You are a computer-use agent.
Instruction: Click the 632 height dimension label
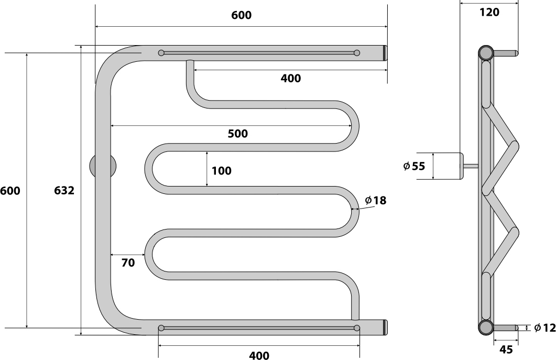pos(64,191)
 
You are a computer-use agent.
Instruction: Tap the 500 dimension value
pos(237,134)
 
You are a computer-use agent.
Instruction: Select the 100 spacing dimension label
pos(222,171)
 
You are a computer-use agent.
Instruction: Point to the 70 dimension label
pos(128,263)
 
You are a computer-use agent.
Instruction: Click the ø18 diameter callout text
pos(376,201)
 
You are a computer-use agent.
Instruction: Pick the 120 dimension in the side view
pos(489,13)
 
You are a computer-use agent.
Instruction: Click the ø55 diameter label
pos(414,166)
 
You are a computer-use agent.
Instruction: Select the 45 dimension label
pos(506,350)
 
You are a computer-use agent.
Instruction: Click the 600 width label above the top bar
pos(242,15)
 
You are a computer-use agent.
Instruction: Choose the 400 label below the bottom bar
pos(259,355)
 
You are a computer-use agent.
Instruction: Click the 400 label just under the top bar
pos(291,79)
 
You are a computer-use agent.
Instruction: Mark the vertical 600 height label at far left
pos(10,191)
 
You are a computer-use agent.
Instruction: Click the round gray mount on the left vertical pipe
pos(103,166)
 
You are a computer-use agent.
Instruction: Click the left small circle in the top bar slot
pos(161,53)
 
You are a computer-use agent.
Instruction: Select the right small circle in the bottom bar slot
pos(357,328)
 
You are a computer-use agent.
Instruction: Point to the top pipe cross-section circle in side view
pos(485,53)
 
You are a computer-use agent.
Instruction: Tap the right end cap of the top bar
pos(385,53)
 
